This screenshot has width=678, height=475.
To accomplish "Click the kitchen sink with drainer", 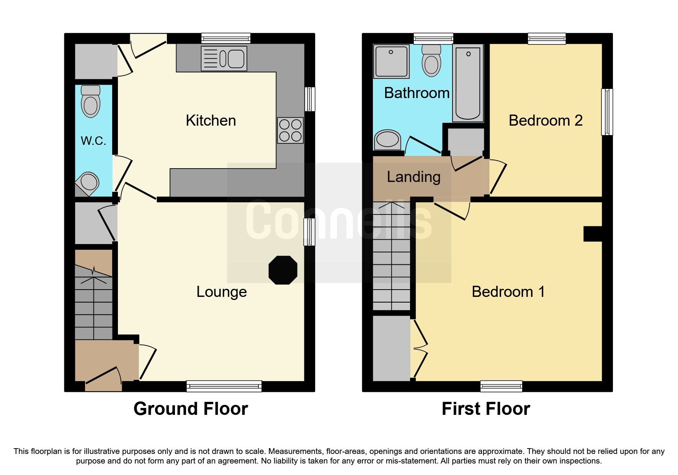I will pos(224,59).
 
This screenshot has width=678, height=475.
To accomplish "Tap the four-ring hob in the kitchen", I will pos(290,131).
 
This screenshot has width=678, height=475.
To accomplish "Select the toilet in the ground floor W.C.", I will pos(91,102).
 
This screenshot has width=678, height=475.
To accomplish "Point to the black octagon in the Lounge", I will pos(283,270).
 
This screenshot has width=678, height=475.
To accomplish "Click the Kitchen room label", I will pos(211,121).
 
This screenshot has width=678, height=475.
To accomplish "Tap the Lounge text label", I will pos(221,292).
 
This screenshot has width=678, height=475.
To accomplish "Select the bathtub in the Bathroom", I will pos(468,83).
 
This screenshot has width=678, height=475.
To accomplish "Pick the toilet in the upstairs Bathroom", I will pos(431,61).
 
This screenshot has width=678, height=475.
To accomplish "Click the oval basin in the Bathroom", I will pos(388,139).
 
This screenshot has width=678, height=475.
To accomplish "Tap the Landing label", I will pos(413,177).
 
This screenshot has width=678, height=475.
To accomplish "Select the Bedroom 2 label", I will pos(545,121).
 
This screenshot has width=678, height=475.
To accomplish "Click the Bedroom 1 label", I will pos(508,292).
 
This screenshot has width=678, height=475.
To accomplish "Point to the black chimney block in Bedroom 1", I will pos(592,234).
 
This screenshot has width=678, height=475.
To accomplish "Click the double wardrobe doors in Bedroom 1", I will pos(420,349).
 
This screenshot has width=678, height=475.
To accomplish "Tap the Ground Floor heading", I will pos(190,409).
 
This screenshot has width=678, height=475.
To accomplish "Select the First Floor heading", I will pos(485,409).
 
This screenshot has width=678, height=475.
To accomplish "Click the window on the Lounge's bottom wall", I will pos(224,386).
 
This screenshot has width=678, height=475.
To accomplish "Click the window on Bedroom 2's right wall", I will pos(607,112).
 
